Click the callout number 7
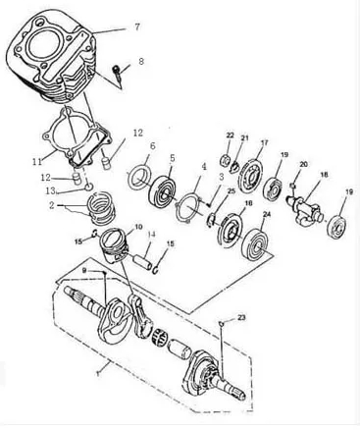(x=137, y=27)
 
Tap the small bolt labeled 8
(x=118, y=74)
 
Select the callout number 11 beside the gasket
(x=37, y=161)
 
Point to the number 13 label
(x=51, y=190)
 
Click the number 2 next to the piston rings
(x=52, y=206)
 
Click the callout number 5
(x=172, y=158)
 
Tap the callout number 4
(x=204, y=167)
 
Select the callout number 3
(x=222, y=177)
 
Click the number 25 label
(x=231, y=191)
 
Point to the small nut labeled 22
(x=226, y=160)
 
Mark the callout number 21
(x=244, y=138)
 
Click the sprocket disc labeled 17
(x=251, y=175)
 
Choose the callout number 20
(x=304, y=164)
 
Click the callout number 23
(x=241, y=317)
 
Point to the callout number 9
(x=84, y=271)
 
